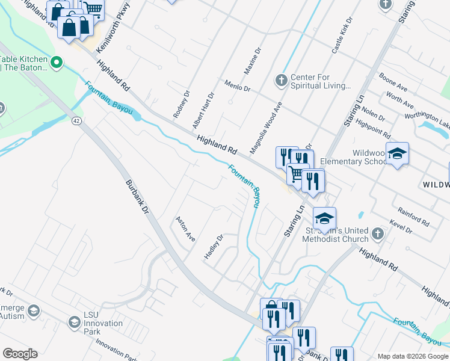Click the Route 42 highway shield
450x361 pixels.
point(76,121)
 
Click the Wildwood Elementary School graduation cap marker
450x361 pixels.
point(397,154)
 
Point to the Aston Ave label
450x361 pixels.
point(185,229)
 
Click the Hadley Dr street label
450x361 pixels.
point(214,247)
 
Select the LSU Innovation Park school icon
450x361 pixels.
point(74,322)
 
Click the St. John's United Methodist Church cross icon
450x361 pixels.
point(377,233)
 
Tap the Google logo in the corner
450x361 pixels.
point(20,354)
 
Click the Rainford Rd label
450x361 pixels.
point(413,217)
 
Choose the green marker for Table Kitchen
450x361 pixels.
point(57,62)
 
